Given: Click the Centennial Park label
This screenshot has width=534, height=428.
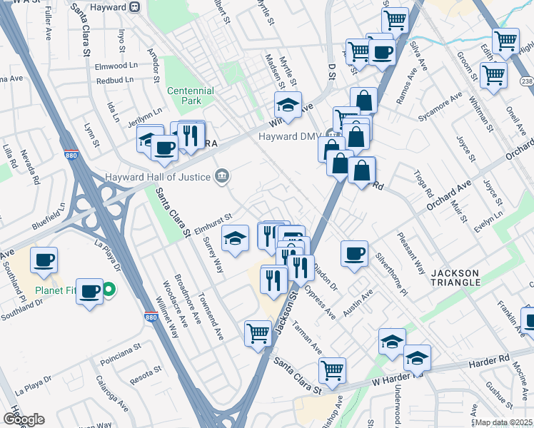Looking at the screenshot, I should [x=191, y=96].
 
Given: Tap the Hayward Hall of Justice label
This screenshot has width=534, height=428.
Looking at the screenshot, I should [x=157, y=177].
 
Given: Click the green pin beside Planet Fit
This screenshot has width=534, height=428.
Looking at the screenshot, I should [x=109, y=290].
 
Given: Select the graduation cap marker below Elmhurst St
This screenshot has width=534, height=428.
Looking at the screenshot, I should [x=234, y=240].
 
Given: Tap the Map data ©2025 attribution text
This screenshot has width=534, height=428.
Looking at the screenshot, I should [x=504, y=422].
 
